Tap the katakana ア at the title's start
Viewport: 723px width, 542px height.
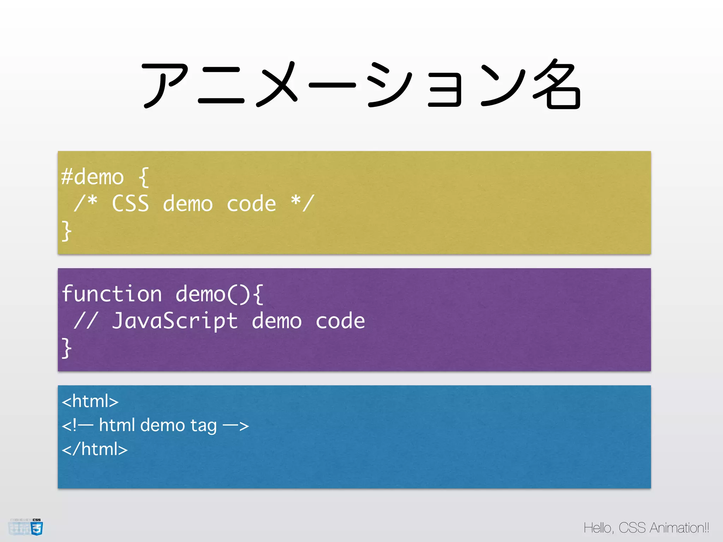pos(165,85)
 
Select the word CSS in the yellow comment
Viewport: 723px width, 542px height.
pos(130,204)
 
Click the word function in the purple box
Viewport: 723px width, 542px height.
pos(112,294)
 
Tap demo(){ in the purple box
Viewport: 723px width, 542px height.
pos(219,294)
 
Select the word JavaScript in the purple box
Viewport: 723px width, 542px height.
pos(175,321)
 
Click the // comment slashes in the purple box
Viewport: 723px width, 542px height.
pos(85,321)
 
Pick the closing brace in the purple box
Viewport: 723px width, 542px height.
pos(66,348)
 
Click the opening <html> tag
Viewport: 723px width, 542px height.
pos(90,401)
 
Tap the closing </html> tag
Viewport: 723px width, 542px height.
pos(95,449)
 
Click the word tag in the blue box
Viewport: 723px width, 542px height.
pos(203,426)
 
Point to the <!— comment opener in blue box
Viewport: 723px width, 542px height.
pos(77,425)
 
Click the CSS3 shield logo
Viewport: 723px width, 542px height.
pos(37,528)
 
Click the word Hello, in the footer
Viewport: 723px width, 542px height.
pos(599,528)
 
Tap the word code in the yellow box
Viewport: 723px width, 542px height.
pos(251,204)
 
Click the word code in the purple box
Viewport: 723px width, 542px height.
pos(340,321)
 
